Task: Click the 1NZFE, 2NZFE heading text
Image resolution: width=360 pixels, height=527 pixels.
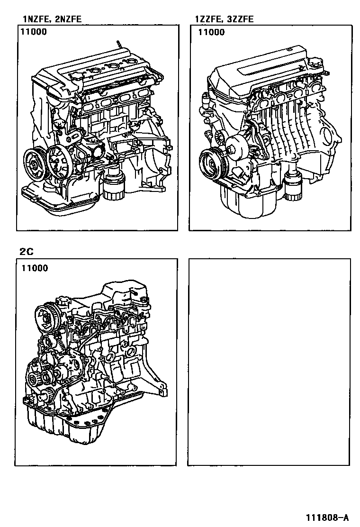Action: point(52,19)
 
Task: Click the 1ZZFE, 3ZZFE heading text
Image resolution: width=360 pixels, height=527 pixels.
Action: point(225,19)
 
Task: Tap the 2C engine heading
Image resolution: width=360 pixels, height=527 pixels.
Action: point(27,251)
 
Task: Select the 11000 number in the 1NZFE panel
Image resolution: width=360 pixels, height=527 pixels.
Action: point(34,32)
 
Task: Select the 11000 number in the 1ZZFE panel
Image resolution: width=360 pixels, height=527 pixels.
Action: point(211,32)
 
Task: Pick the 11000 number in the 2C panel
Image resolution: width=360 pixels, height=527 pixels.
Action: point(35,268)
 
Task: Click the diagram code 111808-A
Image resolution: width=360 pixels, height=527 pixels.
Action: point(327,517)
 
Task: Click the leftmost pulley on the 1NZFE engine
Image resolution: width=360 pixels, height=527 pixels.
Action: point(35,164)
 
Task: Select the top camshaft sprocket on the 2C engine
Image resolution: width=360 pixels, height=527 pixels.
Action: point(46,316)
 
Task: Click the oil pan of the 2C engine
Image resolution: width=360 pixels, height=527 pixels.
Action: point(67,424)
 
